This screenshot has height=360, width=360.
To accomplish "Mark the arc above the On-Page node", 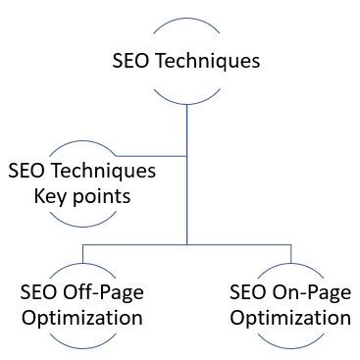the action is (x=290, y=266).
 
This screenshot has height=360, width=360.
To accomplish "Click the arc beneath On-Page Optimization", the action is (x=290, y=345).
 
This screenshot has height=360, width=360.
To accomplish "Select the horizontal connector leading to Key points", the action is (x=147, y=155).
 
